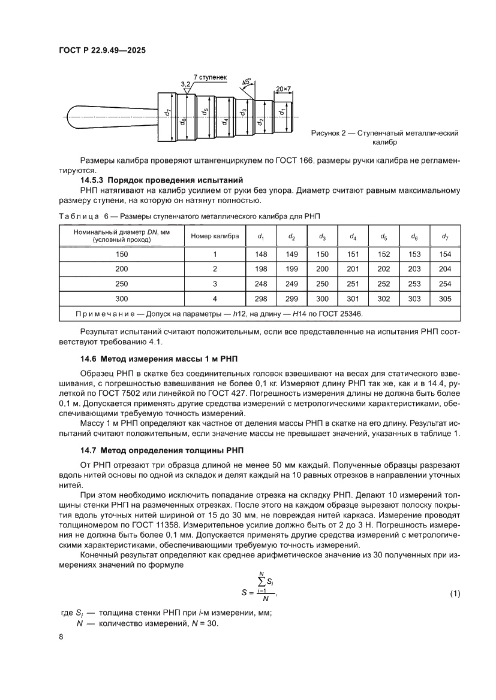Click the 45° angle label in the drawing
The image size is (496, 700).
click(247, 82)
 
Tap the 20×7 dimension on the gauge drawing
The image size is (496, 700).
click(283, 89)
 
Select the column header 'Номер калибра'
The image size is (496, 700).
click(215, 236)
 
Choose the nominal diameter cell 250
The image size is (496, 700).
click(122, 284)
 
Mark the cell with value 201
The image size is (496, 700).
click(353, 269)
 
